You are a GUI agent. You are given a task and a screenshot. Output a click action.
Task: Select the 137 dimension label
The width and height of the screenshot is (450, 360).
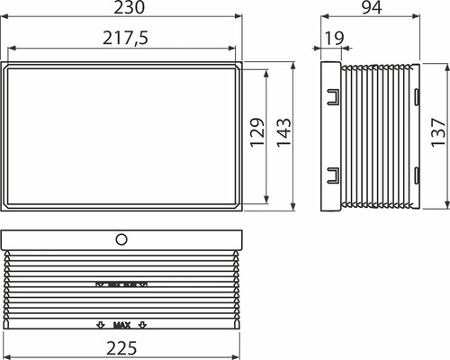437,136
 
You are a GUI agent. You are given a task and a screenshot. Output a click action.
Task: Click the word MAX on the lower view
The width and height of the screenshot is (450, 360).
122,324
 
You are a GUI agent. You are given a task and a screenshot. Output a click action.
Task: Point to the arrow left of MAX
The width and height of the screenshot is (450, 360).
101,324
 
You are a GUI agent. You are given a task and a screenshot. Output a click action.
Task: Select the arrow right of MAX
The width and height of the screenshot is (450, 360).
142,324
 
